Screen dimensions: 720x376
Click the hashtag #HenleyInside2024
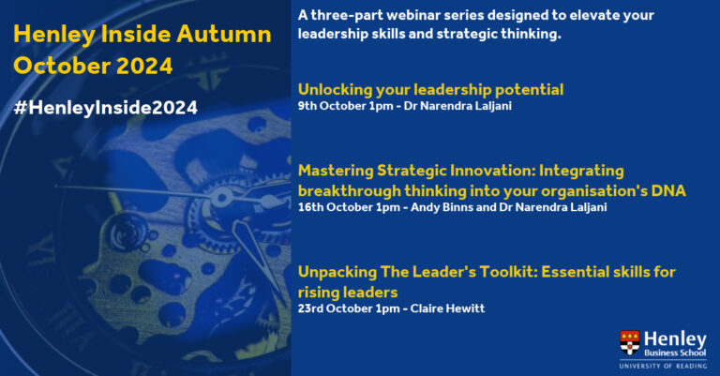[106, 108]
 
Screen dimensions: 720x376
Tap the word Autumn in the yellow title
[224, 35]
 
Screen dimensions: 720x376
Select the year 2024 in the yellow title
[144, 66]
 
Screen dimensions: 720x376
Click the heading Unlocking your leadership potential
[430, 90]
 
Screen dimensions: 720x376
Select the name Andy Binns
[442, 207]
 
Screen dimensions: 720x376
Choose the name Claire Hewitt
[447, 308]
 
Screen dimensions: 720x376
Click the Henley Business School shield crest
[630, 342]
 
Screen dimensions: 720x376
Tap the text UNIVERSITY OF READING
[663, 366]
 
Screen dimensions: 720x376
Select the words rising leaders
[348, 293]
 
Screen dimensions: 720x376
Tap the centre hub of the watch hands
[221, 198]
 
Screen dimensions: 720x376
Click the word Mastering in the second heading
[336, 172]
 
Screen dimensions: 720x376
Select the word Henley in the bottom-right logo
[675, 339]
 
